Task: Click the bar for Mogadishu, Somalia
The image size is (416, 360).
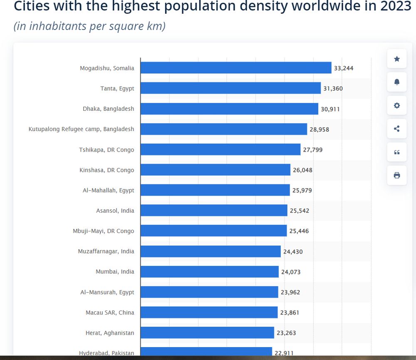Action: [x=236, y=68]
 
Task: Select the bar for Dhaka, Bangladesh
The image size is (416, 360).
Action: [x=229, y=109]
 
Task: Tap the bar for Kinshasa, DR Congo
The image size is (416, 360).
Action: [x=215, y=170]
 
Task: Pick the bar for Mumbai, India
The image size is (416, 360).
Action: [x=209, y=272]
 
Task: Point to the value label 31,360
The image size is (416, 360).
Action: [x=332, y=88]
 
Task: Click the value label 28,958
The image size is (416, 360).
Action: [x=319, y=129]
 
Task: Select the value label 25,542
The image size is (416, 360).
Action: [x=300, y=211]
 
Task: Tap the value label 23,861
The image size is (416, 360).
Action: [x=290, y=313]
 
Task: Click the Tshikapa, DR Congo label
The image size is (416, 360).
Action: [x=106, y=149]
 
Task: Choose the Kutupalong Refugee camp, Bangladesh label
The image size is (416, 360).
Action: [x=81, y=129]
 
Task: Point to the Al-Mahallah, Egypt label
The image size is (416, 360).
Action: [x=108, y=190]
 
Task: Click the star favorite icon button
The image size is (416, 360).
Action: [x=397, y=59]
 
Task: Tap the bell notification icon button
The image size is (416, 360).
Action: [x=397, y=82]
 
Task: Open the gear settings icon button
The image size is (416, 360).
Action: [x=397, y=105]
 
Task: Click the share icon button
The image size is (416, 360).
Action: [x=397, y=129]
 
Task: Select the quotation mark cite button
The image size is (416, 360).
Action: [x=397, y=152]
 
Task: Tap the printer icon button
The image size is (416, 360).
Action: [x=397, y=175]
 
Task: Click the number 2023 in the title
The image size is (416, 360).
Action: [x=392, y=6]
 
